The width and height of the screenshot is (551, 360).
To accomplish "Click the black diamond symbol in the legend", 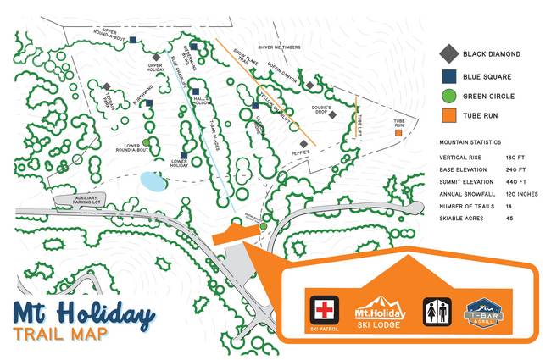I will point(448,55).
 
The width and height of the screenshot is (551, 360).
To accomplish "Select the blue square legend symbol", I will point(448,75).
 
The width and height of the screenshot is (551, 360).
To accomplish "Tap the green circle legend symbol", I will point(448,95).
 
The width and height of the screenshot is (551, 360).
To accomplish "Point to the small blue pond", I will point(151,180).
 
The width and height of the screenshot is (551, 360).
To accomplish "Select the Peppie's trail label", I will point(303,152).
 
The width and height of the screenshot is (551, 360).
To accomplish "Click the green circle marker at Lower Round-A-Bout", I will point(147,141).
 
